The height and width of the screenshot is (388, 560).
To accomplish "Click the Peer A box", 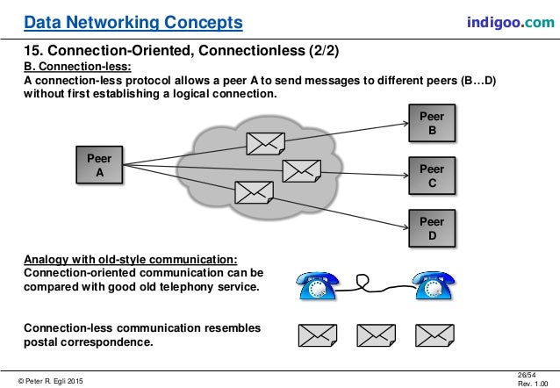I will tap(99, 165).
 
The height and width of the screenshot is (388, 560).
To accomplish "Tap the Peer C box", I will tap(431, 176).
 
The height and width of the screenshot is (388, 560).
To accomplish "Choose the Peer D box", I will tap(431, 228).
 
